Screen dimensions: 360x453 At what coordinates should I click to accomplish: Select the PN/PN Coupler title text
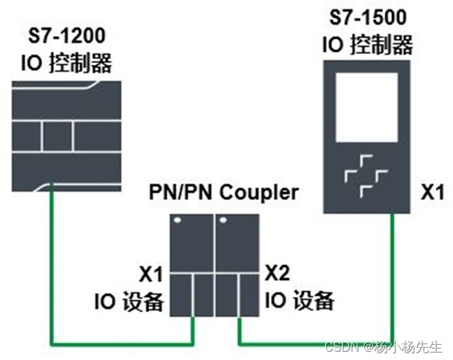224,193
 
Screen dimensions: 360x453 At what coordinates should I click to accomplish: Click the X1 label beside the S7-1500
432,193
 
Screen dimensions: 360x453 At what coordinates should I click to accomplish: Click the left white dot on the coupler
177,220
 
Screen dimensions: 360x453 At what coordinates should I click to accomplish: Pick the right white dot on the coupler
222,220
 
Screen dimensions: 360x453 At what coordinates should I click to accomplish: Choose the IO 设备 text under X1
129,301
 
